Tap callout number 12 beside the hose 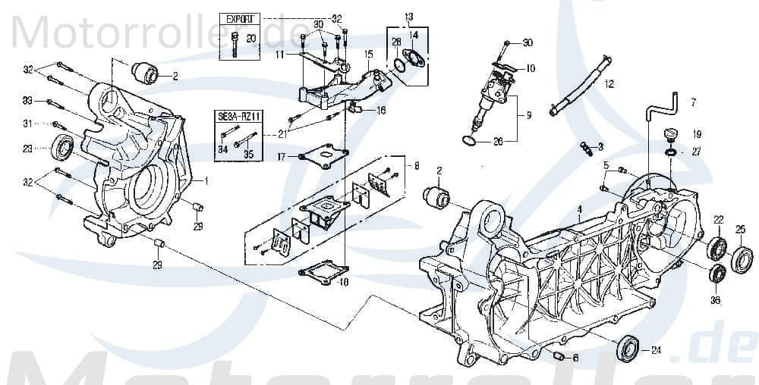609,86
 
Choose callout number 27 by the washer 697,152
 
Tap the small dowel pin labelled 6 558,356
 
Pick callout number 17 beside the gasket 281,157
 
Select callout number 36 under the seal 715,299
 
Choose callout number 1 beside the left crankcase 205,181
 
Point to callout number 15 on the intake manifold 368,54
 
